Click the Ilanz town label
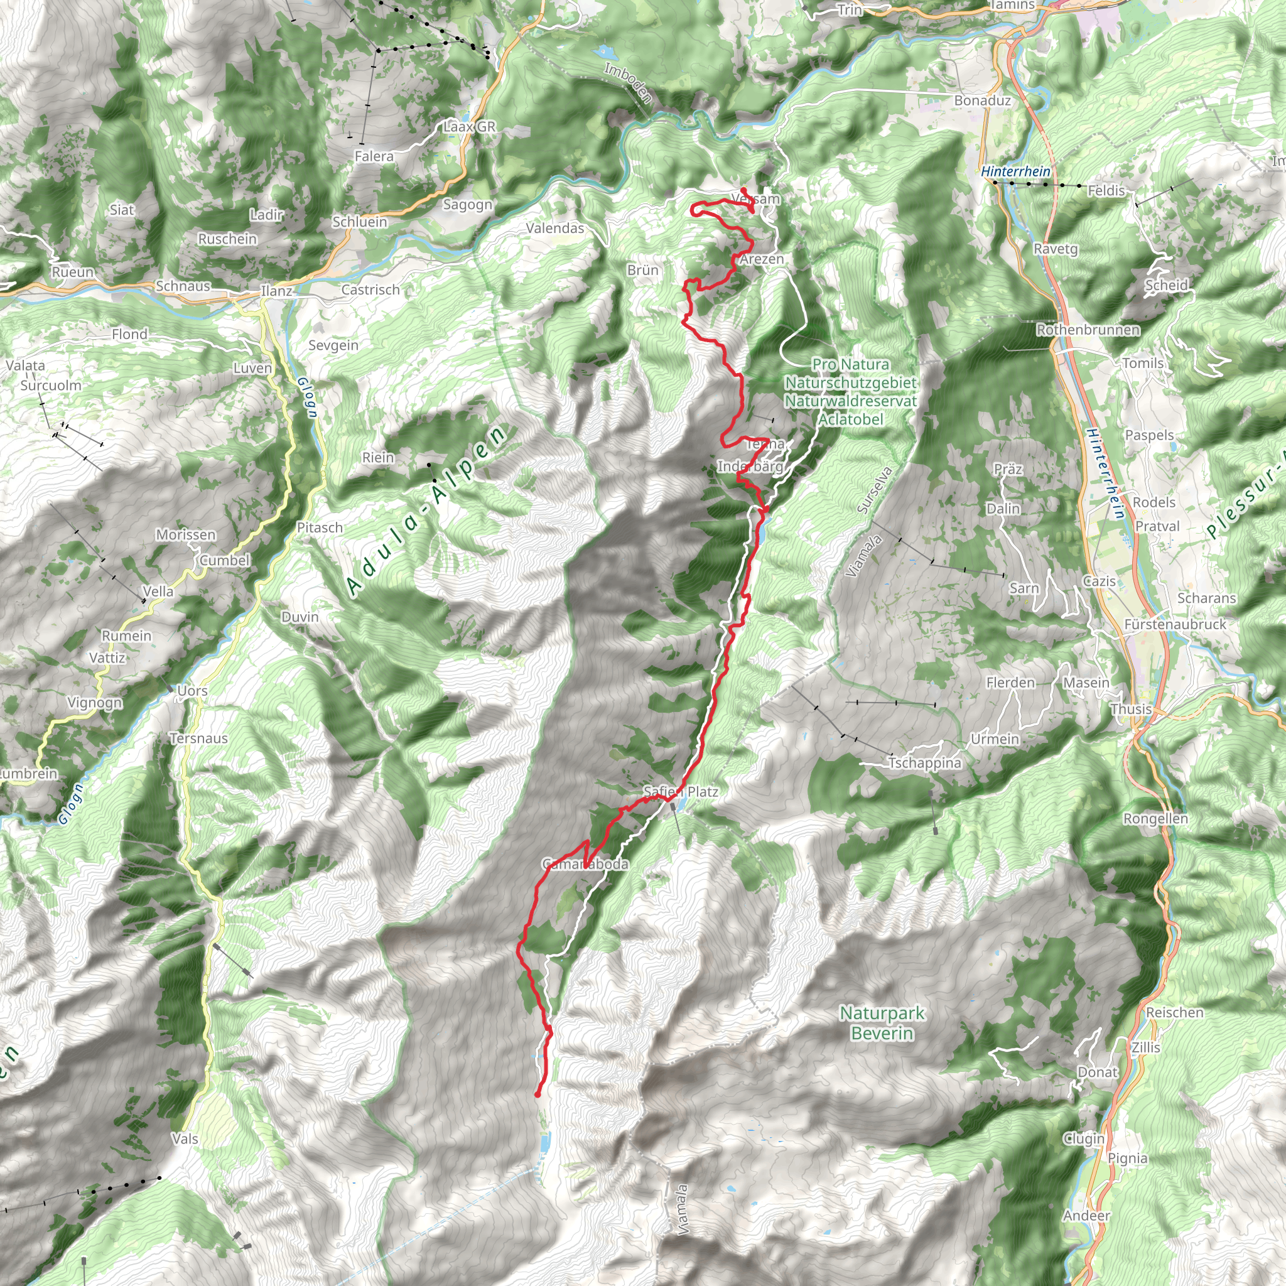(276, 291)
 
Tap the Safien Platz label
(680, 791)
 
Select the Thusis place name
(1131, 709)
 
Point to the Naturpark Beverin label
(882, 1023)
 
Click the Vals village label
(185, 1139)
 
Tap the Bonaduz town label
(982, 100)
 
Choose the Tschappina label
(924, 763)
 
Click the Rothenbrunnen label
(1088, 330)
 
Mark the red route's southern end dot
(537, 1094)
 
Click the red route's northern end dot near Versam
(743, 190)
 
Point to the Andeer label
(1086, 1216)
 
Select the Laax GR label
(469, 126)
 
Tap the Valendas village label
(554, 229)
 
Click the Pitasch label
(320, 527)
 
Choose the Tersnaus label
(198, 738)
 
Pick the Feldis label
(1106, 191)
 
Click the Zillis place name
(1145, 1048)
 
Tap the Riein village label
(377, 457)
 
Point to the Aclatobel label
(850, 419)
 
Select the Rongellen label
(1155, 819)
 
